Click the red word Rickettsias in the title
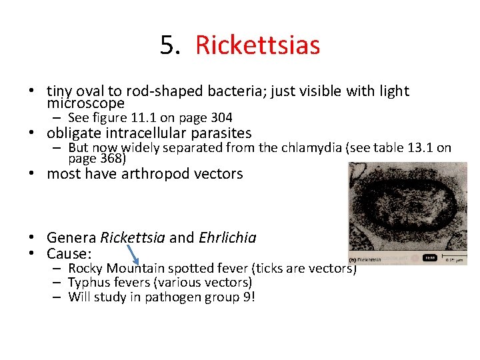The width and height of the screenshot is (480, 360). point(257,45)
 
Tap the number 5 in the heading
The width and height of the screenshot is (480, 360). point(167,45)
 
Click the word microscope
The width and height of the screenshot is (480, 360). point(85,104)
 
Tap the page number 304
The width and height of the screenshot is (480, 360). point(220,118)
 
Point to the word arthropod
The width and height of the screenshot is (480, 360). point(153,174)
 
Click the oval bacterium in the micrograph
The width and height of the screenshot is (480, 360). point(405,210)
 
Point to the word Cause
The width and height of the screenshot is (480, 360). point(68,254)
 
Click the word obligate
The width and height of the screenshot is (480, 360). point(75,133)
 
